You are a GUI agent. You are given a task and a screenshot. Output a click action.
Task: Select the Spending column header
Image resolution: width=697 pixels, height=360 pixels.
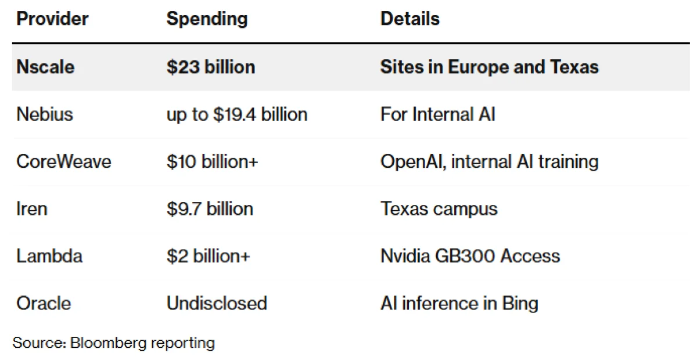pos(207,19)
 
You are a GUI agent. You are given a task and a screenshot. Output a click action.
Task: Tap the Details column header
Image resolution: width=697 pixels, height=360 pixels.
pos(409,19)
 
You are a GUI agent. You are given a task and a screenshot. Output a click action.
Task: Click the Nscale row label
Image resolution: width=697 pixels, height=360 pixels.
pos(45,67)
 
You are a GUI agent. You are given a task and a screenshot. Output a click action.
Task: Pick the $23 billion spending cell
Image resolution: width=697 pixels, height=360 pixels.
pos(211,67)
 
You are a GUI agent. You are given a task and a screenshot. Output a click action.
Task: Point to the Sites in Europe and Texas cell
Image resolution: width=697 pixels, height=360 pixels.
pos(489,67)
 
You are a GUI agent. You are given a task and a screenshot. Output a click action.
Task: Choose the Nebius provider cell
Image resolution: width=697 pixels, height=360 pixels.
pos(45,114)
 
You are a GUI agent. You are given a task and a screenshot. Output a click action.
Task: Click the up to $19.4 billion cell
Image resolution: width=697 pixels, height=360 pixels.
pos(237,114)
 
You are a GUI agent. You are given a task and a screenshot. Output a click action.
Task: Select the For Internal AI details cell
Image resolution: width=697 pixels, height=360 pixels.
pos(438,114)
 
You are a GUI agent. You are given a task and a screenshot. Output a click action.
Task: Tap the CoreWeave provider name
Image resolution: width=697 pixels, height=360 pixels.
pos(63,161)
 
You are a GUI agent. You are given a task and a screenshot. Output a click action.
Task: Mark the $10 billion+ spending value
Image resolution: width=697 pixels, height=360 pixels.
pos(212,161)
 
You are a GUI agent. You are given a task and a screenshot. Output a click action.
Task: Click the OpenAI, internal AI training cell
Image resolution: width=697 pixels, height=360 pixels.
pos(489,161)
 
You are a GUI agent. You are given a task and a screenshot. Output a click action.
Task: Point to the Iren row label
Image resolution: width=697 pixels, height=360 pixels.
pos(31,208)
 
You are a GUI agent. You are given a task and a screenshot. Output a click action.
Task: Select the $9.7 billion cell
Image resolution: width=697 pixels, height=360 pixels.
pos(210,208)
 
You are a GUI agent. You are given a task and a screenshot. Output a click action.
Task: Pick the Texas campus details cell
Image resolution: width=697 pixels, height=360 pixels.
pos(439,208)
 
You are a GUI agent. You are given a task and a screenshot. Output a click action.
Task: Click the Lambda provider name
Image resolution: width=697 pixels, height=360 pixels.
pos(49,255)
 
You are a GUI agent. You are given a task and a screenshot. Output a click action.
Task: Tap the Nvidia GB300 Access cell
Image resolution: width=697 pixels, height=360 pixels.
pos(470,255)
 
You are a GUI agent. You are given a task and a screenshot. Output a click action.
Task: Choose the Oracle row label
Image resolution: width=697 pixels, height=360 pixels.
pos(44,303)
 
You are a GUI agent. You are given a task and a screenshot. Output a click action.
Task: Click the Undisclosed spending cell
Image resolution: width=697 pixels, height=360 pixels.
pos(217,303)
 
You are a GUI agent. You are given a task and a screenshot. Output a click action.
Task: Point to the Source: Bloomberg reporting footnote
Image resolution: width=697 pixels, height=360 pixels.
pos(114,343)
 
